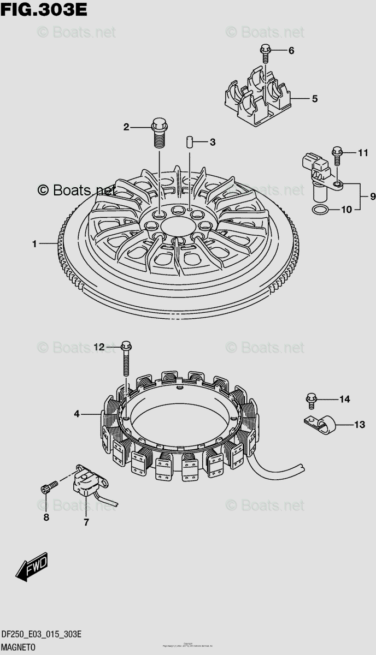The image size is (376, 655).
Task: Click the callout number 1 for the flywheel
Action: click(x=34, y=245)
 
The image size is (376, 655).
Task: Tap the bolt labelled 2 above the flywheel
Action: click(x=158, y=132)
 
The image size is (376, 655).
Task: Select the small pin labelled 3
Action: click(x=189, y=142)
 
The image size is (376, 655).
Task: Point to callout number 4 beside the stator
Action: click(x=77, y=414)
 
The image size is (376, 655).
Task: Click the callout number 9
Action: click(x=373, y=196)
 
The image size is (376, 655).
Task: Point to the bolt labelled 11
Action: click(x=337, y=155)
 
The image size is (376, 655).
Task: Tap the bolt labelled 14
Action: click(x=311, y=400)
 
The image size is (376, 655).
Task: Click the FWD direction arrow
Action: click(x=32, y=567)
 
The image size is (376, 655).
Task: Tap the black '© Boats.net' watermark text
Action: click(x=77, y=190)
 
